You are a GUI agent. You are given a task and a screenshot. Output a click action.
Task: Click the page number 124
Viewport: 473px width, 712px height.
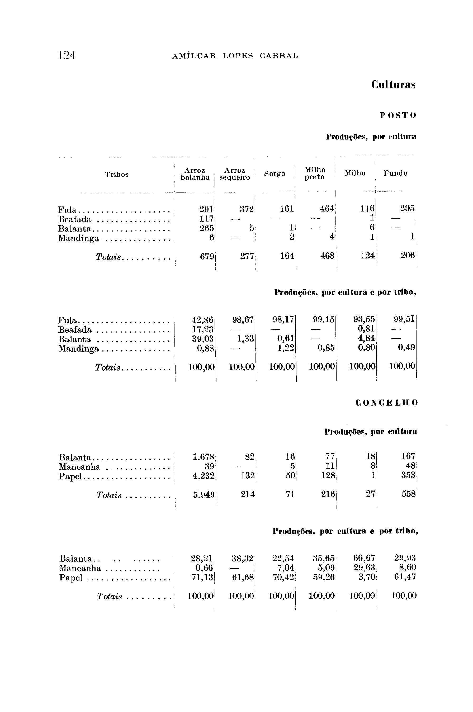click(67, 55)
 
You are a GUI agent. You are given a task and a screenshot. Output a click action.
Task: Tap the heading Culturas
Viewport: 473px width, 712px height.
click(393, 85)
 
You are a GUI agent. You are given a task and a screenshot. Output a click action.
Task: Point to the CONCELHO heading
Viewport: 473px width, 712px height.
click(387, 403)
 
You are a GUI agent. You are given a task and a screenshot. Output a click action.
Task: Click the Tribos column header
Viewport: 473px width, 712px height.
click(117, 175)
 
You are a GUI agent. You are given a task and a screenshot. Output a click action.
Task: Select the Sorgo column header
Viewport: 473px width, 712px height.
click(275, 174)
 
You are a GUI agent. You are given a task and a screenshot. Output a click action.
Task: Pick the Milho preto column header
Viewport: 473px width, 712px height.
click(315, 174)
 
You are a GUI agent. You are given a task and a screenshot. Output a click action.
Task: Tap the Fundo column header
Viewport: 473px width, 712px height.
click(395, 173)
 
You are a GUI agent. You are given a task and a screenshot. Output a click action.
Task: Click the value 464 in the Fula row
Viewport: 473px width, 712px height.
click(327, 209)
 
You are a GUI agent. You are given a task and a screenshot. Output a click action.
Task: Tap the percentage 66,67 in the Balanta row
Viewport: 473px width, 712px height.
click(364, 558)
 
